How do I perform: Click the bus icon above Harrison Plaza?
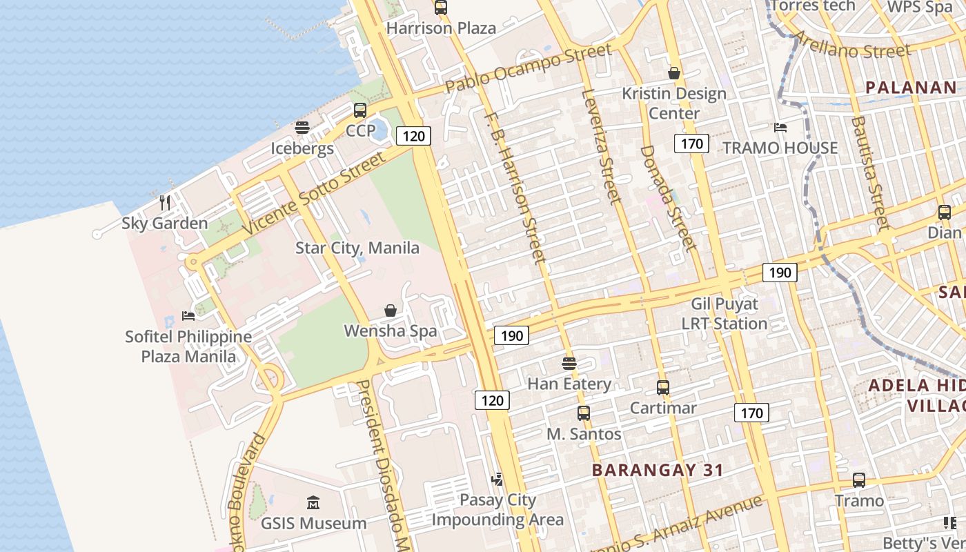(440, 8)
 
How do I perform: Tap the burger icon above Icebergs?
(302, 128)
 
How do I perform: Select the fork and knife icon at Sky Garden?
(165, 202)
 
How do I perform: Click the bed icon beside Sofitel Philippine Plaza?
(188, 316)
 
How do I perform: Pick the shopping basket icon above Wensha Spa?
(391, 310)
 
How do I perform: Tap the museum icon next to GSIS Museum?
(313, 502)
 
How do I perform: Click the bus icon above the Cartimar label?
(663, 388)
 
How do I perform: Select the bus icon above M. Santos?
(584, 413)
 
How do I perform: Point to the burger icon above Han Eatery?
(569, 363)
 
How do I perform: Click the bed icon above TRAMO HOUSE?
(780, 128)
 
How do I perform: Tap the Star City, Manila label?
(357, 248)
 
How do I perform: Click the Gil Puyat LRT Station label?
(724, 313)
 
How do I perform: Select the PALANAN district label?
(911, 88)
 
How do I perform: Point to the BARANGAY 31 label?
(658, 470)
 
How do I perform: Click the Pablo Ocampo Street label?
(528, 69)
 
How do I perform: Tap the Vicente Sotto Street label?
(313, 194)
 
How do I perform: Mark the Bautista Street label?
(870, 172)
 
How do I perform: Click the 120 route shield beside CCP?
(413, 136)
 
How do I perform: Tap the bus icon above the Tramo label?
(859, 480)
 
